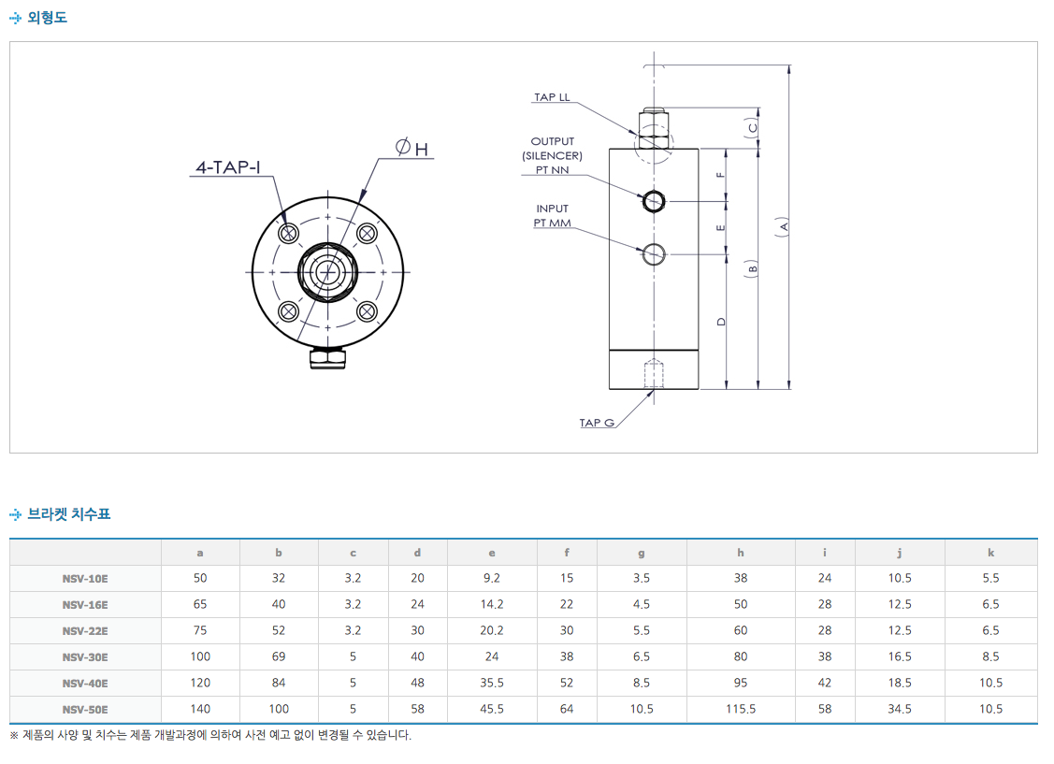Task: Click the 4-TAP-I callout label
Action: (228, 168)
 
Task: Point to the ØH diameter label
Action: (411, 149)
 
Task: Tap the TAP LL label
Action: (552, 97)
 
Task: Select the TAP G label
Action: (597, 423)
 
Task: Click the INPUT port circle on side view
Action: (653, 252)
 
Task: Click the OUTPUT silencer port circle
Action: (653, 200)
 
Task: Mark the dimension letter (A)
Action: (784, 226)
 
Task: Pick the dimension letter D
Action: (721, 321)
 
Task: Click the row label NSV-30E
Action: (85, 657)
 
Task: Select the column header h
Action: (741, 553)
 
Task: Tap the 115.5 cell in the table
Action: (741, 710)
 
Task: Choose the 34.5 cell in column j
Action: (900, 710)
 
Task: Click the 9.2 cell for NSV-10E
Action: (492, 579)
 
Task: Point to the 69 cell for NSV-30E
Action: (279, 657)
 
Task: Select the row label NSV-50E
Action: (85, 710)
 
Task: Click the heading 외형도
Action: (47, 18)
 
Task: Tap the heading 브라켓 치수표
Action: (68, 513)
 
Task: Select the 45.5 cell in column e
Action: (492, 710)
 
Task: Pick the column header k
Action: (991, 553)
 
